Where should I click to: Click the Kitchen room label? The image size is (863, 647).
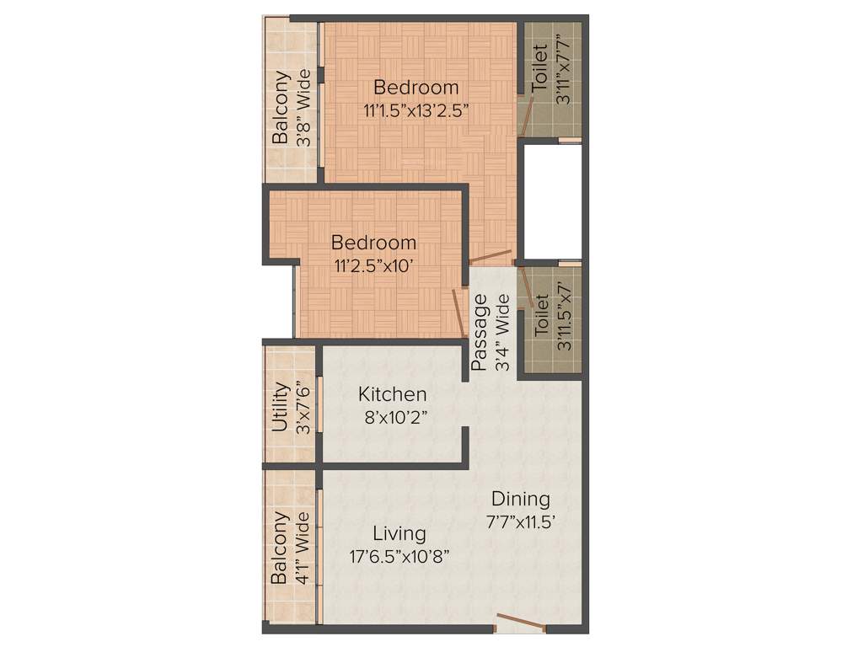[x=392, y=394]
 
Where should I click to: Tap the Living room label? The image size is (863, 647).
[x=399, y=533]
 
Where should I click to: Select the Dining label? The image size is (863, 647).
[x=521, y=498]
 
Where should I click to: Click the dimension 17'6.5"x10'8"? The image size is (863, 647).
[x=399, y=556]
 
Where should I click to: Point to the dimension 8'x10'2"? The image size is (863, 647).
[x=393, y=417]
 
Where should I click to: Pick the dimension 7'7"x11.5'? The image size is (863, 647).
[x=521, y=521]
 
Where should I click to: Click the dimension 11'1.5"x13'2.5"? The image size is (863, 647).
[x=416, y=110]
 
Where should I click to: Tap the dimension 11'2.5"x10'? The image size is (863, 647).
[x=373, y=265]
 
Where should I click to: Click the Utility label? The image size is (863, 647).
[x=281, y=407]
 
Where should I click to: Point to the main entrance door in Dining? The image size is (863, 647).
[x=521, y=623]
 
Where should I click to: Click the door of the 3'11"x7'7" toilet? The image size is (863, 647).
[x=524, y=115]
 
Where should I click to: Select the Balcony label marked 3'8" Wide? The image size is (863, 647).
[x=281, y=107]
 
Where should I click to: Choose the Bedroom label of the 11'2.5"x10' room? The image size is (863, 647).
[x=373, y=243]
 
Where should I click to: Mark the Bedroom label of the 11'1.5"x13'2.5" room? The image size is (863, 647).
[x=416, y=87]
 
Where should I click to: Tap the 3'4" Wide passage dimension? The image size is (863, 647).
[x=502, y=332]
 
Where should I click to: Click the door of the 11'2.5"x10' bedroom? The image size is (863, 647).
[x=460, y=313]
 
